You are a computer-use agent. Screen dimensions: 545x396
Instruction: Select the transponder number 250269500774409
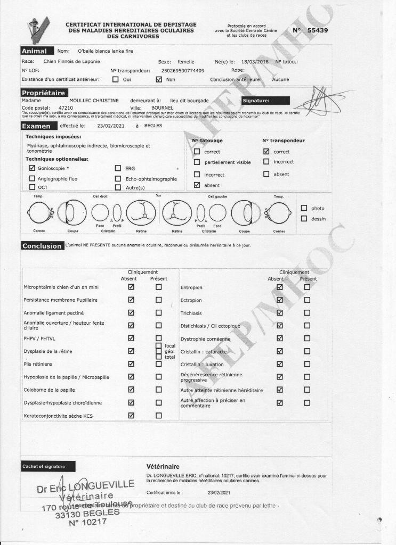[x=182, y=70]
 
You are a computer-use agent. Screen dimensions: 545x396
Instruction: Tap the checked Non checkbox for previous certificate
[x=159, y=79]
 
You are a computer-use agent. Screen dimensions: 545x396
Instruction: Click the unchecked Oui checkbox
[x=116, y=79]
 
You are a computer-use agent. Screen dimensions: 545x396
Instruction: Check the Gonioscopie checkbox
[x=33, y=168]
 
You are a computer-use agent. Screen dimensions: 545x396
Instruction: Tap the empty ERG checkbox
[x=118, y=168]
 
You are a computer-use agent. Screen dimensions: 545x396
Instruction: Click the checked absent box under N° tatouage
[x=197, y=185]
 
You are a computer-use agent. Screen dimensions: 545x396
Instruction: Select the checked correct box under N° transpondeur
[x=266, y=151]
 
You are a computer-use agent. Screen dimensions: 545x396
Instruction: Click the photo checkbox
[x=304, y=208]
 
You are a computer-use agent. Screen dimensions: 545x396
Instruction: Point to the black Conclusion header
[x=42, y=246]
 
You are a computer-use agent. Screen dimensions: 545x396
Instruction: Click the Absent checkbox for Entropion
[x=280, y=287]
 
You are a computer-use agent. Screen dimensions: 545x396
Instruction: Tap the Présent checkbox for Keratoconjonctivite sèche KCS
[x=158, y=416]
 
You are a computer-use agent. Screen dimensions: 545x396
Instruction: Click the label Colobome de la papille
[x=49, y=390]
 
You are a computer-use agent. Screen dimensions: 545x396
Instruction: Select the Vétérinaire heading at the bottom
[x=163, y=466]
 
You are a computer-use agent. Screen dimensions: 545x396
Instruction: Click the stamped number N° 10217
[x=87, y=523]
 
